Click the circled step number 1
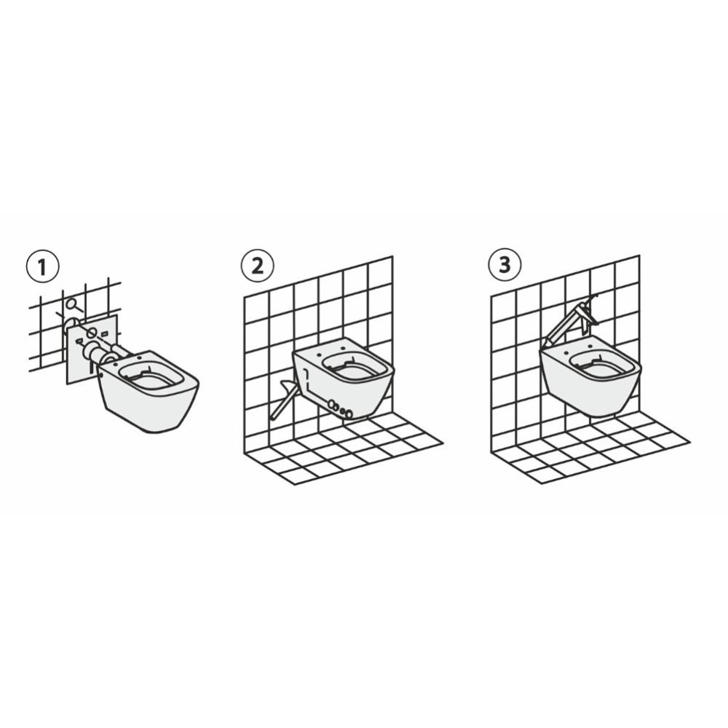point(43,267)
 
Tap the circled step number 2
point(257,265)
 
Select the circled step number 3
point(505,264)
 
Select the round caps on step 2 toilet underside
point(340,408)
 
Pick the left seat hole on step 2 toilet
point(320,354)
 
